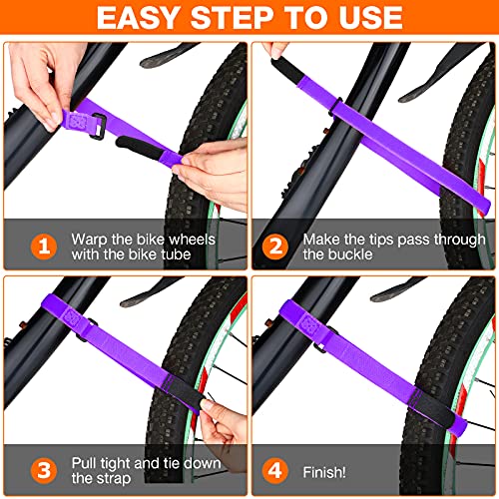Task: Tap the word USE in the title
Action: pyautogui.click(x=367, y=18)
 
